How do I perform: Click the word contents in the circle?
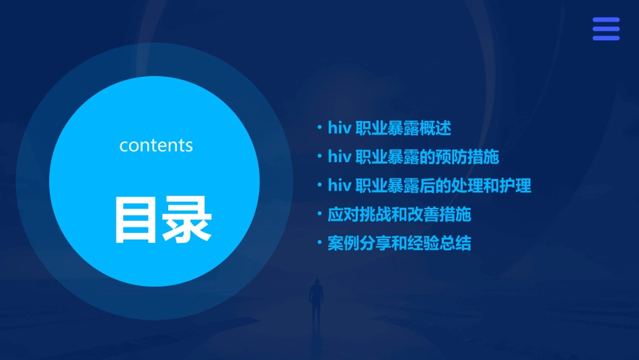(x=156, y=145)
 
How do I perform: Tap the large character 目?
(x=130, y=219)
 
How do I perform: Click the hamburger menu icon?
(x=605, y=29)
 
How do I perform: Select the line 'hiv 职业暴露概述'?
(x=389, y=128)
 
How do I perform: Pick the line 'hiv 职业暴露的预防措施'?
(x=413, y=157)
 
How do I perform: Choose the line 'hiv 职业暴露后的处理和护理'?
(x=429, y=185)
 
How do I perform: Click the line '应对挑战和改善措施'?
(x=399, y=215)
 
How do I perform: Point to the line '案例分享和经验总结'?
(x=399, y=243)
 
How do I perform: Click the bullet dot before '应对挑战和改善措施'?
(x=319, y=214)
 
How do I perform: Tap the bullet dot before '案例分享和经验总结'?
(x=319, y=242)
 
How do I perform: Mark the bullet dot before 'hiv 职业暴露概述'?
(x=319, y=127)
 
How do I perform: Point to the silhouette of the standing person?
(x=315, y=300)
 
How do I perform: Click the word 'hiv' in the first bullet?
(x=339, y=128)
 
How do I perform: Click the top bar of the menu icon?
(x=605, y=20)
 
